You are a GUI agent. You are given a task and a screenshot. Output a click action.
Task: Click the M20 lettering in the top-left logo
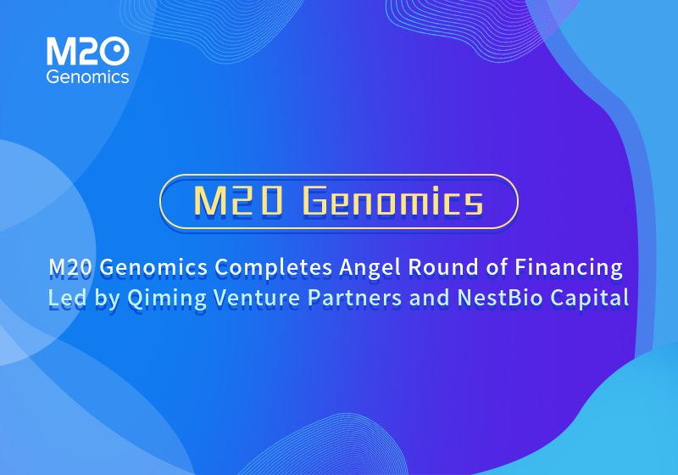(87, 53)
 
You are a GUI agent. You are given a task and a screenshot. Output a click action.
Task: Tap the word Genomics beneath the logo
(87, 77)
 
